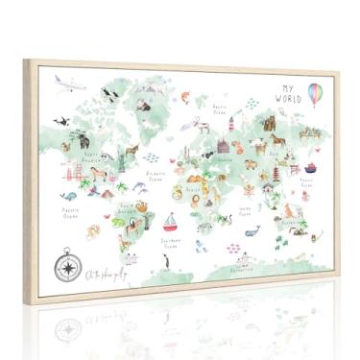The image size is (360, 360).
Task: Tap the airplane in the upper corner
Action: click(x=64, y=82)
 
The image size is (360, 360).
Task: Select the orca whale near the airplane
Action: click(x=61, y=121)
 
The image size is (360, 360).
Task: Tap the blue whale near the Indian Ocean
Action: click(x=252, y=230)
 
